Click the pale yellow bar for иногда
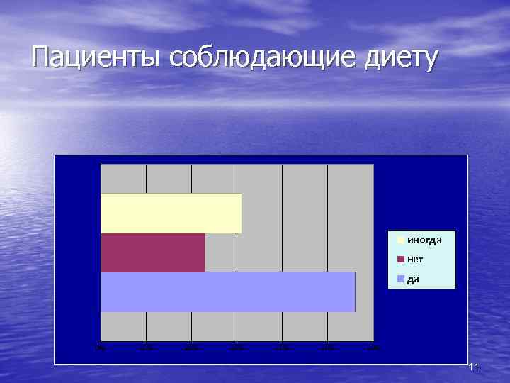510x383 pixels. pos(171,213)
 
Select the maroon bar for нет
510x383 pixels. pos(152,252)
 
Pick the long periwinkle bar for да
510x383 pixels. pos(227,292)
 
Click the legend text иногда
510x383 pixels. pos(424,240)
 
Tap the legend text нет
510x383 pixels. pos(415,260)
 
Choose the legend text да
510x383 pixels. pos(413,279)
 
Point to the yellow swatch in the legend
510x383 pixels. pos(401,240)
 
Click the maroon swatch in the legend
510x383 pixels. pos(401,260)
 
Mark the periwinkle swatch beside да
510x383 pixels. pos(401,279)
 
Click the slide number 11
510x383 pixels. pos(474,367)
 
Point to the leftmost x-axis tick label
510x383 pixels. pos(101,348)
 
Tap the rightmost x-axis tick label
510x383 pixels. pos(373,348)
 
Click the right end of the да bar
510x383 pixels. pos(353,292)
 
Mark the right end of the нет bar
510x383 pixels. pos(204,252)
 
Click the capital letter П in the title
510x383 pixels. pos(42,57)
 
